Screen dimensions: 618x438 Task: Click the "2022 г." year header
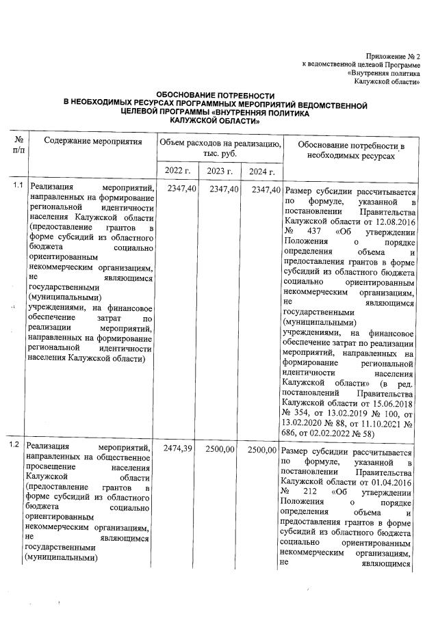178,171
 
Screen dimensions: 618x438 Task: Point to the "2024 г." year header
261,171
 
